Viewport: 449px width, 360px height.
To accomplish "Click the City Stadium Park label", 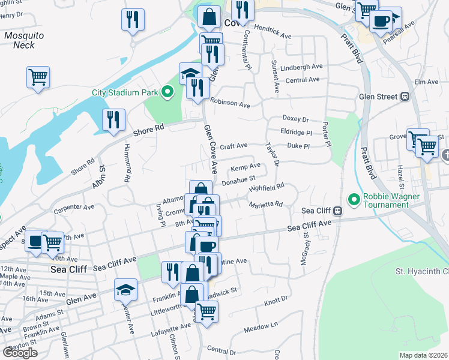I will [124, 92].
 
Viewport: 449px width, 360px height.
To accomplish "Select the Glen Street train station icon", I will [405, 96].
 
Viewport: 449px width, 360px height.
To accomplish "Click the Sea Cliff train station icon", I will [339, 211].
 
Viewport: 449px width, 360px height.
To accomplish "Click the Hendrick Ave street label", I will [272, 32].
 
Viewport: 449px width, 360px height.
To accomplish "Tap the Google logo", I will [20, 352].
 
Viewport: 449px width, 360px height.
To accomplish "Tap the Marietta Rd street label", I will [266, 205].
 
